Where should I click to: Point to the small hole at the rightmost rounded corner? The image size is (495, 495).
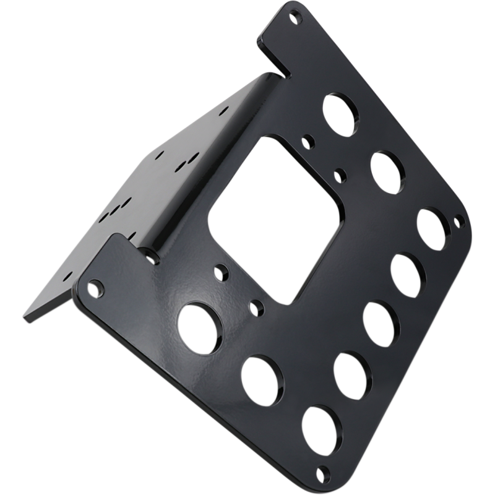click(458, 220)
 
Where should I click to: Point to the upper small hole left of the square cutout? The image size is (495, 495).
click(220, 272)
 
